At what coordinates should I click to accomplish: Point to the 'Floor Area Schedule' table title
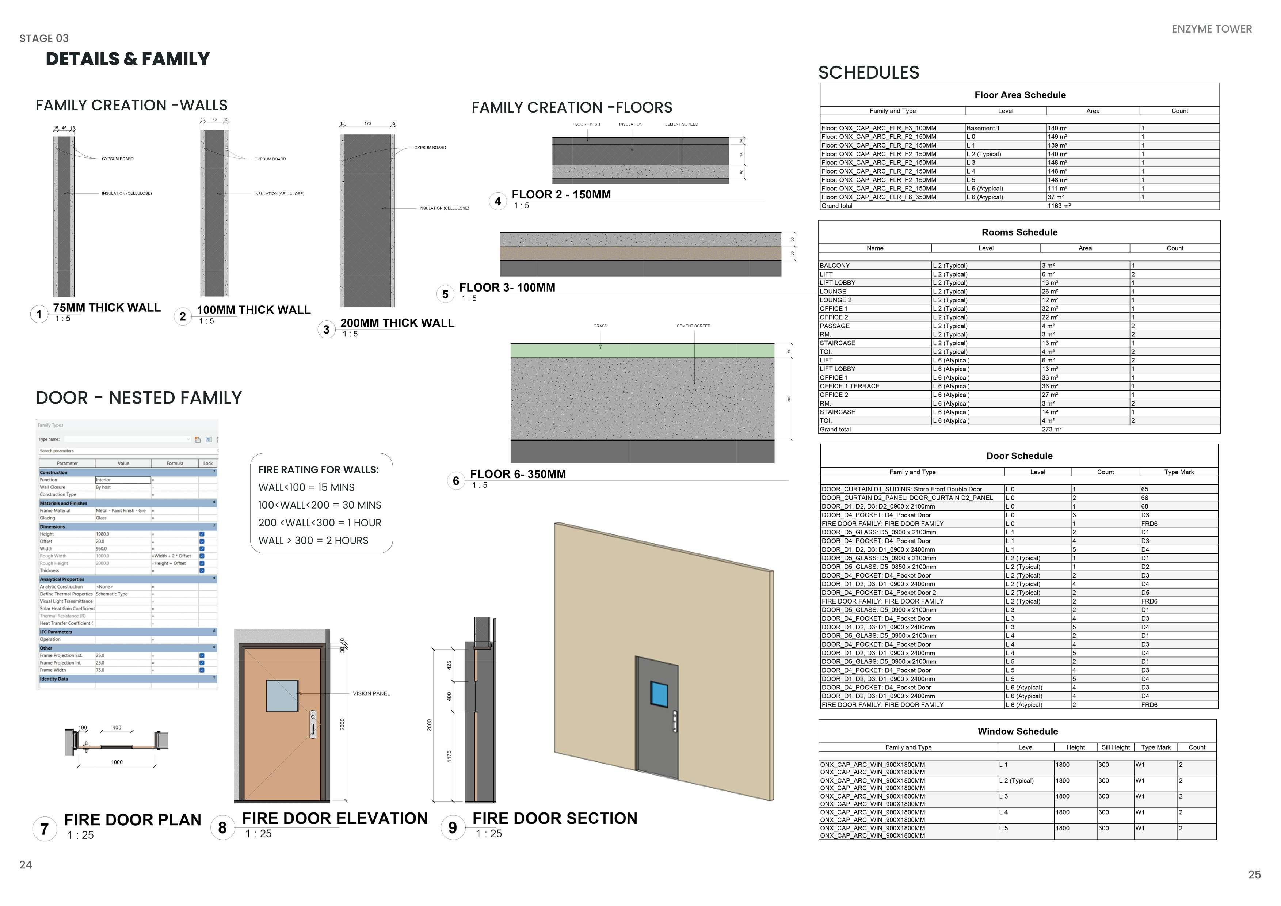(1019, 95)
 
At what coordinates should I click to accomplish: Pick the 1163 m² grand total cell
(1059, 206)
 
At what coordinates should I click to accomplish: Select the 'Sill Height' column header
(1115, 747)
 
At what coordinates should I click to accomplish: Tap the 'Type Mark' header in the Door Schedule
(1179, 472)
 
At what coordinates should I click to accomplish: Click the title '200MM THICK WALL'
(397, 323)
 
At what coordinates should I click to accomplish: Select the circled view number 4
(497, 201)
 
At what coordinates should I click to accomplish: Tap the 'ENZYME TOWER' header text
(1211, 29)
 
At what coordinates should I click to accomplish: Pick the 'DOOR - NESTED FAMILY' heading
(138, 398)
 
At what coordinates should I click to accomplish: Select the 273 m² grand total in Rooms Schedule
(1051, 430)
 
